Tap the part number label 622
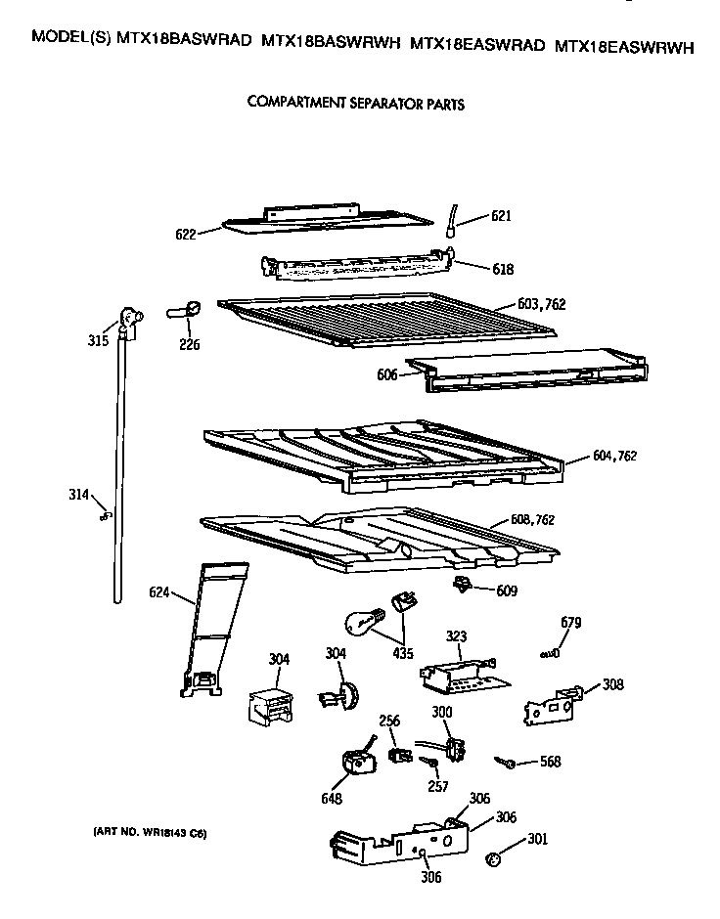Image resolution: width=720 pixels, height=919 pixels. click(185, 234)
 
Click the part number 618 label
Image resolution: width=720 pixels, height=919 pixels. click(503, 268)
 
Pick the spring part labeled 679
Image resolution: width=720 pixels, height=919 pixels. click(549, 652)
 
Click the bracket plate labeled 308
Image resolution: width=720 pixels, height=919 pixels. click(553, 704)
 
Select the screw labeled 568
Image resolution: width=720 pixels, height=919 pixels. click(506, 762)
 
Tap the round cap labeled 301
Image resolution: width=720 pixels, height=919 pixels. click(495, 858)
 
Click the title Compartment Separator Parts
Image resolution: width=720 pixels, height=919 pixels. click(355, 103)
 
